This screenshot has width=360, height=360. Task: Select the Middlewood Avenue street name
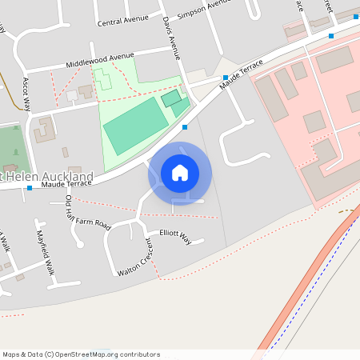100,58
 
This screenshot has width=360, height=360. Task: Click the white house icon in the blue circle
180,173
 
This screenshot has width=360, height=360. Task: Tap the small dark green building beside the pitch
171,98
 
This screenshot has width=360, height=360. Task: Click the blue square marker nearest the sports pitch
185,126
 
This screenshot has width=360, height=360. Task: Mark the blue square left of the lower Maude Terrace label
30,187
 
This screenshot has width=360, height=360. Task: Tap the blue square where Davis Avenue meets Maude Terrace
226,78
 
